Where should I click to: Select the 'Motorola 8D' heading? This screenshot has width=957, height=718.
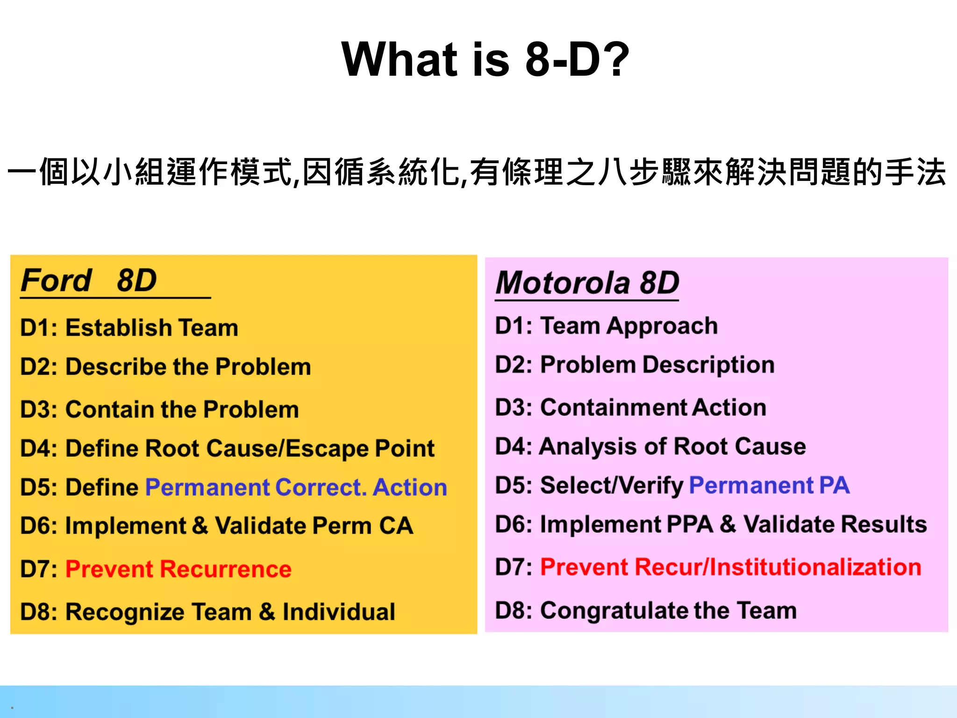coord(587,283)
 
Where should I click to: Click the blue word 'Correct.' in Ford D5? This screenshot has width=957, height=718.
coord(321,488)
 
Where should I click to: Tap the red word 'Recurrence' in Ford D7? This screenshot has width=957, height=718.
coord(225,569)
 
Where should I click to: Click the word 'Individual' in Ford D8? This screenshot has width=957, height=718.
coord(339,612)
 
